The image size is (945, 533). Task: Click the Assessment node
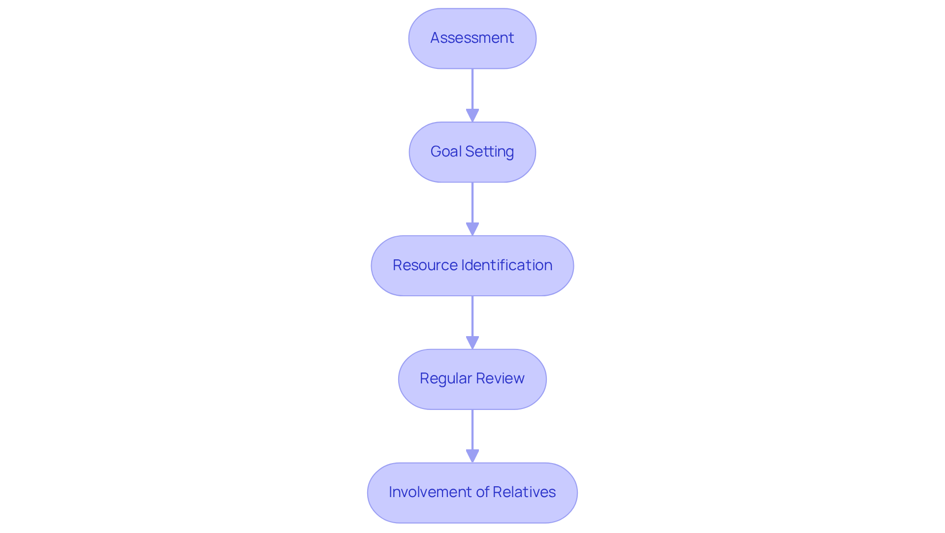(x=472, y=38)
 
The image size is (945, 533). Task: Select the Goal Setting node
(x=472, y=152)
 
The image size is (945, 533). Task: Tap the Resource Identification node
(x=472, y=266)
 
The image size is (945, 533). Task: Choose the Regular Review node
(x=472, y=379)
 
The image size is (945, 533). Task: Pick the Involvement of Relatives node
(x=472, y=493)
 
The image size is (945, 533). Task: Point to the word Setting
(x=490, y=152)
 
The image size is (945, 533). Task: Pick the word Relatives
(x=524, y=492)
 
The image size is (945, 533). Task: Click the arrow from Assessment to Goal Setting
(x=472, y=91)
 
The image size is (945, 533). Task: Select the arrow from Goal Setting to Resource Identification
(x=472, y=204)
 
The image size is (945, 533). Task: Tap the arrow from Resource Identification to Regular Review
(x=472, y=318)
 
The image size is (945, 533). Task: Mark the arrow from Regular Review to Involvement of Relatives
(x=472, y=431)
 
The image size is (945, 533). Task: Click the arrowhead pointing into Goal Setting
(x=472, y=116)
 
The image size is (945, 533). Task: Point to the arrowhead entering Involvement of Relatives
(x=472, y=456)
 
